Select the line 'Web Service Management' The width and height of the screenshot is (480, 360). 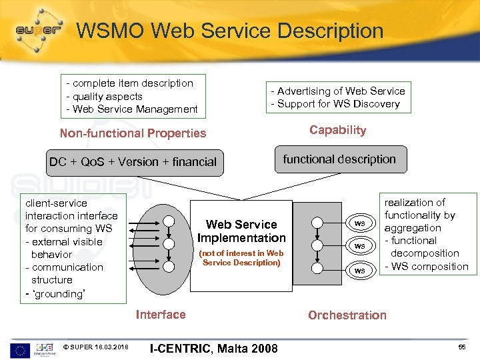click(135, 109)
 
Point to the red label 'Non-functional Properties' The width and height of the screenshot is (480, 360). click(133, 133)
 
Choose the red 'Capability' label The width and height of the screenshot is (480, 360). click(337, 130)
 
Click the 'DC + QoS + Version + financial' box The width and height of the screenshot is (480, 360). click(133, 161)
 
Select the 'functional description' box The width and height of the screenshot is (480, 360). click(339, 159)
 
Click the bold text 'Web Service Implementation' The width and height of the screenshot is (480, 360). click(241, 231)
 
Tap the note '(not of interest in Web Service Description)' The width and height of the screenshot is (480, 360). click(241, 258)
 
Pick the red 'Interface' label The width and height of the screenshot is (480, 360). click(161, 315)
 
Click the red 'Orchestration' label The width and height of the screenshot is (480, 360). click(347, 315)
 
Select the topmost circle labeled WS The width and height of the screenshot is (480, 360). click(359, 223)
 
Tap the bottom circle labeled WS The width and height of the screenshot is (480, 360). click(359, 270)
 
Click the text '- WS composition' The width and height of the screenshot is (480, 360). click(427, 267)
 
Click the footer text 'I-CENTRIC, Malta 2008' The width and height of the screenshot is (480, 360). click(214, 349)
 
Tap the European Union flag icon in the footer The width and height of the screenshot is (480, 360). click(19, 349)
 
